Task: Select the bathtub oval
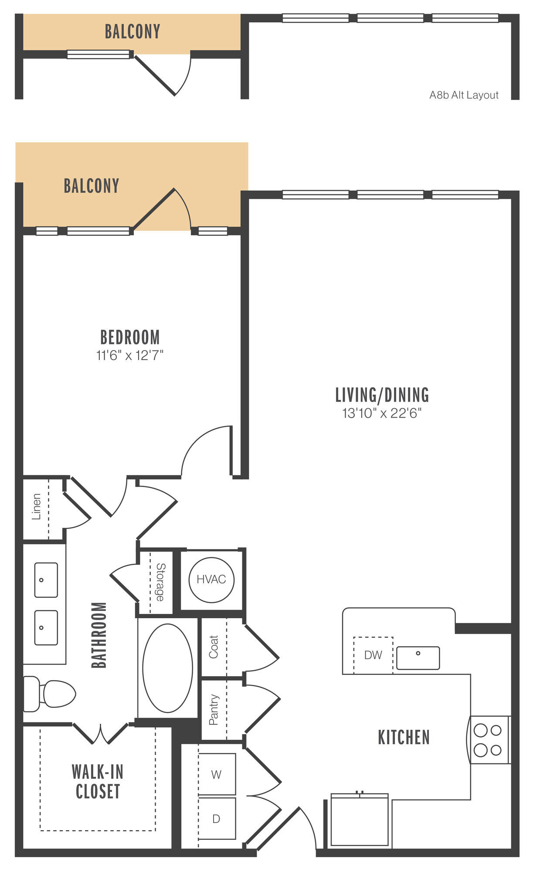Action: pyautogui.click(x=168, y=668)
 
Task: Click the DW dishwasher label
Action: pyautogui.click(x=373, y=655)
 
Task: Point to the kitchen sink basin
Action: pyautogui.click(x=418, y=658)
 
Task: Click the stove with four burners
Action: pyautogui.click(x=489, y=739)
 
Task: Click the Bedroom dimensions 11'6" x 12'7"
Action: pyautogui.click(x=130, y=356)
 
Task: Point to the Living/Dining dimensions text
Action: pyautogui.click(x=382, y=413)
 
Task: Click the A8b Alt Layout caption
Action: pyautogui.click(x=464, y=95)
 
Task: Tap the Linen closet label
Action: pyautogui.click(x=36, y=507)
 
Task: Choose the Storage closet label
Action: pyautogui.click(x=160, y=582)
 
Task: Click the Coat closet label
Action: pyautogui.click(x=213, y=647)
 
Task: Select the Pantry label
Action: pyautogui.click(x=213, y=710)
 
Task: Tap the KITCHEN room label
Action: pyautogui.click(x=404, y=737)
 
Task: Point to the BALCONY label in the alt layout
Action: pyautogui.click(x=132, y=31)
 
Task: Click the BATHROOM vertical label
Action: pyautogui.click(x=99, y=635)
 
